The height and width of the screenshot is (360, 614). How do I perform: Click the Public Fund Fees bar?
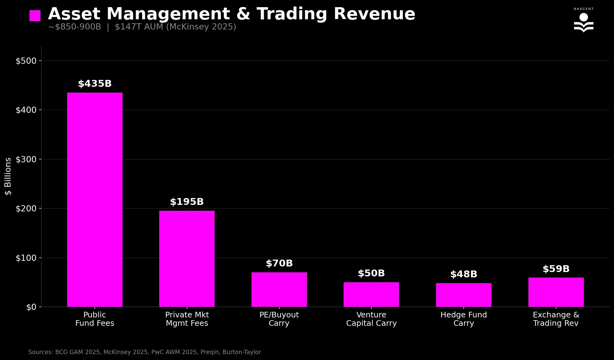click(x=95, y=200)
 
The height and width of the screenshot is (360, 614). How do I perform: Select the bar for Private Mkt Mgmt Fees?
click(x=187, y=259)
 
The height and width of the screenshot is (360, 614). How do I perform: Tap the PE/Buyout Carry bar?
click(x=279, y=289)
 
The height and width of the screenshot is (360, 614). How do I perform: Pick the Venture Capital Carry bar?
click(x=371, y=294)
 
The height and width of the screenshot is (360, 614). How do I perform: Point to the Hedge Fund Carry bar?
click(x=463, y=295)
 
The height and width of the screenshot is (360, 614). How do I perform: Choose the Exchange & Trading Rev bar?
click(x=556, y=292)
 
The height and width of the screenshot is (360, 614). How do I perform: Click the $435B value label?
click(x=95, y=84)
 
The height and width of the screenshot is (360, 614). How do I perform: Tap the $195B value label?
click(x=187, y=202)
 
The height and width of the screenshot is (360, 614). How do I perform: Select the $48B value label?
click(x=463, y=275)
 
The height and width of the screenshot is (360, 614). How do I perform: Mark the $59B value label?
click(x=556, y=269)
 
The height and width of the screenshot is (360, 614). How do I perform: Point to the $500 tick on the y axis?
click(x=26, y=61)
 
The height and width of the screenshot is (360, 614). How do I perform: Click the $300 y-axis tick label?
click(x=26, y=159)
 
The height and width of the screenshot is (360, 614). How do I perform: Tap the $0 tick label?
click(x=31, y=307)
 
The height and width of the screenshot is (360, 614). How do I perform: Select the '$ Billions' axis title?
click(x=8, y=176)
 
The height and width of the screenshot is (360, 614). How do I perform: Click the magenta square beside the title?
click(x=35, y=16)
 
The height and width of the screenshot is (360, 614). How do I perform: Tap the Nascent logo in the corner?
click(x=584, y=21)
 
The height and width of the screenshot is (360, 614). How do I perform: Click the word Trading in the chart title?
click(x=292, y=14)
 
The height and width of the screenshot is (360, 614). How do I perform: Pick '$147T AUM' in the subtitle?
click(x=139, y=27)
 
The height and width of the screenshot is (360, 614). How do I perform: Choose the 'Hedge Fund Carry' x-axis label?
click(x=463, y=319)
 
